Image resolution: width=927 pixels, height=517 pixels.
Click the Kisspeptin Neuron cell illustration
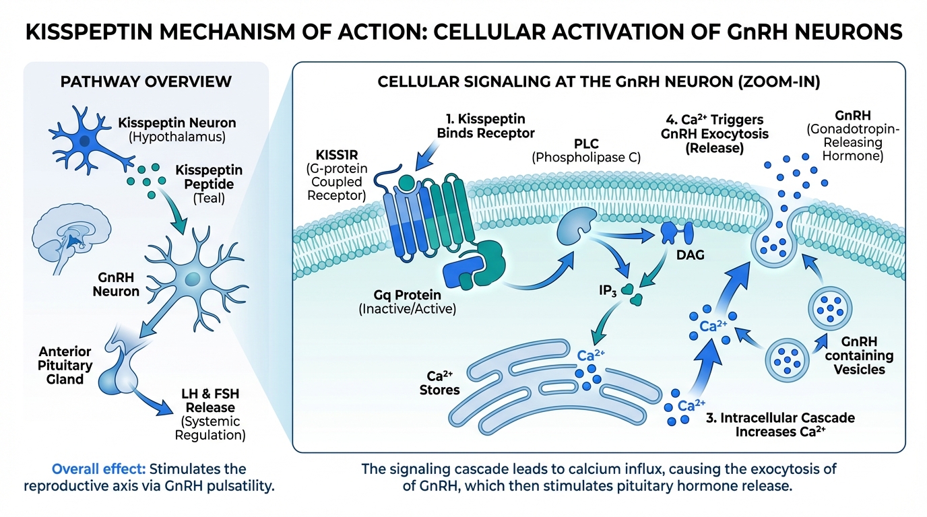tap(84, 141)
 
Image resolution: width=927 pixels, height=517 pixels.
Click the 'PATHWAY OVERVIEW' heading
tap(146, 82)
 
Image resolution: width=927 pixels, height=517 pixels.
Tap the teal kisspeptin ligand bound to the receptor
tap(406, 184)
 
